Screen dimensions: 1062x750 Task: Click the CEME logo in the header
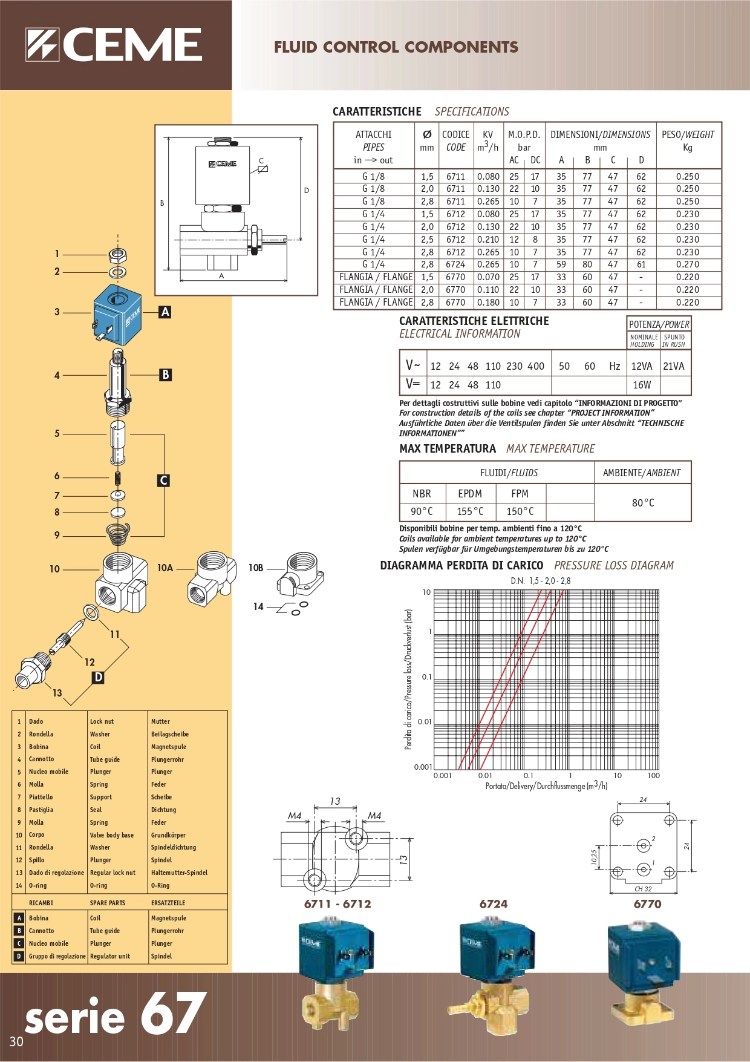pos(114,45)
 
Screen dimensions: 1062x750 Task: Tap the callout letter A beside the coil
pos(165,312)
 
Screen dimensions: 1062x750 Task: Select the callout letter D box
pos(98,677)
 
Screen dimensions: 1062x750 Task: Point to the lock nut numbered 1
pos(117,254)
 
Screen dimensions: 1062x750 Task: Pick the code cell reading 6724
pos(455,264)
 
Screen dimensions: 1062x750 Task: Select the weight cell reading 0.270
pos(687,264)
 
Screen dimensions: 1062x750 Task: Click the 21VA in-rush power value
pos(673,366)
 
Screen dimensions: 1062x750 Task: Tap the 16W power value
pos(642,385)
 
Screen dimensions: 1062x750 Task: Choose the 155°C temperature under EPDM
pos(470,511)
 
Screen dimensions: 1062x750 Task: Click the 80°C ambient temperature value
pos(643,503)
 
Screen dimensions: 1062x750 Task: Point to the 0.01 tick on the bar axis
pos(425,721)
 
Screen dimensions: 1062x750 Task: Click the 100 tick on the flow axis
pos(653,775)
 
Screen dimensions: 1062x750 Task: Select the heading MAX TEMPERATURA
pos(447,448)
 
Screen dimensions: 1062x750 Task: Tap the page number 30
pos(16,1041)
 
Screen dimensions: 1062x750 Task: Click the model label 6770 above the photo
pos(647,904)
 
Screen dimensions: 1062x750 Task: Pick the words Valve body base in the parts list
pos(112,835)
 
